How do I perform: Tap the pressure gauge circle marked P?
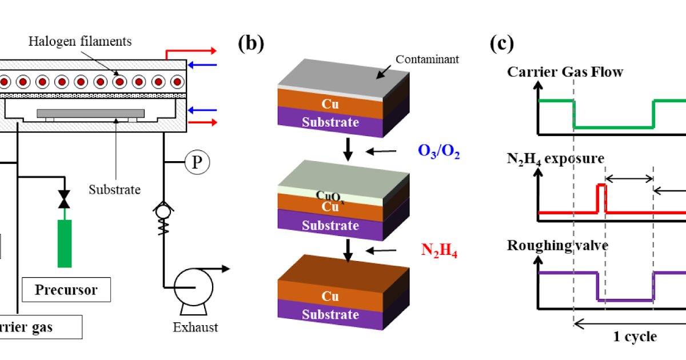click(x=197, y=163)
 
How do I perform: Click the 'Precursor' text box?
click(x=66, y=290)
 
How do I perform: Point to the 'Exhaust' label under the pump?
click(x=196, y=328)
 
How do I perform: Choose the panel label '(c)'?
click(x=502, y=43)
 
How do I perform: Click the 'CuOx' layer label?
click(x=330, y=195)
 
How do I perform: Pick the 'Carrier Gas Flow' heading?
click(x=565, y=72)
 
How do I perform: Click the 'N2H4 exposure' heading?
click(x=555, y=158)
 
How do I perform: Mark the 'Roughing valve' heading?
click(x=557, y=245)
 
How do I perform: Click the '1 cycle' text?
click(x=635, y=336)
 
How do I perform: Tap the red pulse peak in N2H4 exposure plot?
click(x=601, y=186)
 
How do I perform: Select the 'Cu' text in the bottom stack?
click(x=330, y=297)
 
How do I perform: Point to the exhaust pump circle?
click(x=193, y=283)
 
